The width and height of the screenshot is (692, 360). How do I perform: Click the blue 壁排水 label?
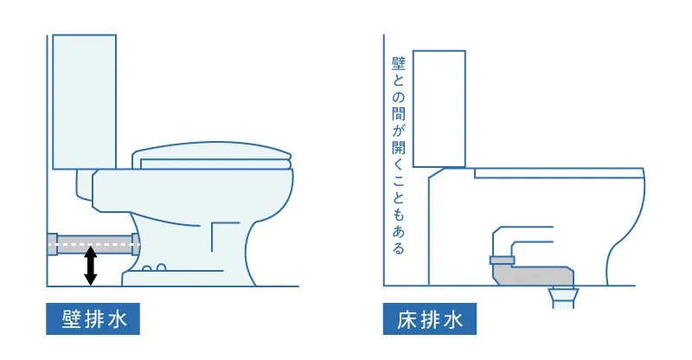click(x=93, y=318)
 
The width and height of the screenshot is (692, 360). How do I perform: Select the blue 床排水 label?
click(x=430, y=318)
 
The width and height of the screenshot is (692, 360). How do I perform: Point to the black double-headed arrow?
click(x=89, y=266)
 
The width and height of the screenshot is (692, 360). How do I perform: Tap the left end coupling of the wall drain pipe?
click(x=53, y=244)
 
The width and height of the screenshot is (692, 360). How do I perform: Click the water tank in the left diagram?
click(x=84, y=100)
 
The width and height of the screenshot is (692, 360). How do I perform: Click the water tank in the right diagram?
click(x=439, y=108)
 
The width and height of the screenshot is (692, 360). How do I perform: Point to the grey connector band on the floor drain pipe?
click(x=503, y=260)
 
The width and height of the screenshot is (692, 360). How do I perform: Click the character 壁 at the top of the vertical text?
click(x=398, y=64)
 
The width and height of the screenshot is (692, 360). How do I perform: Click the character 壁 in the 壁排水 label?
click(x=70, y=318)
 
